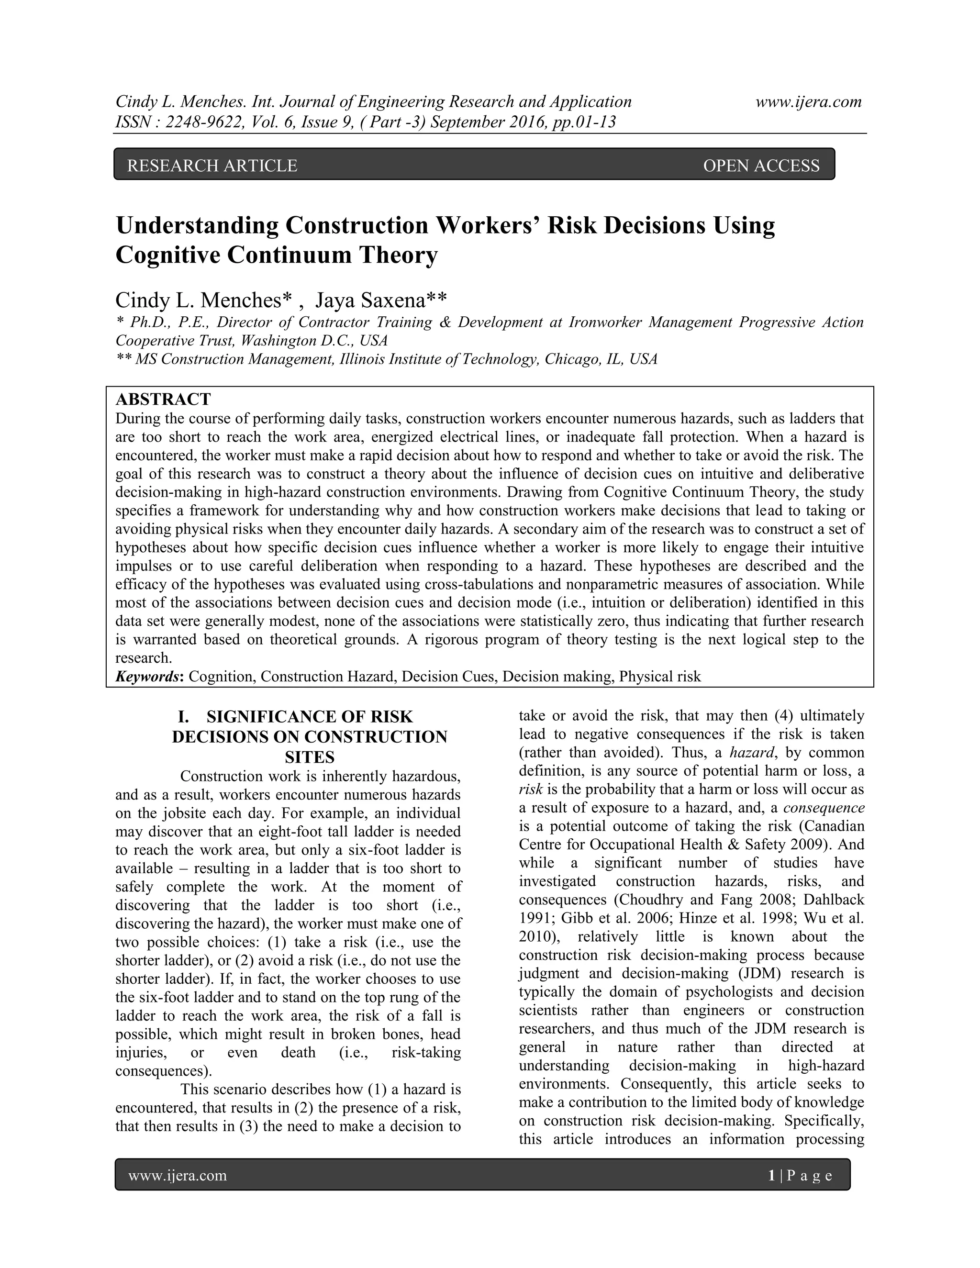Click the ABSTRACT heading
pyautogui.click(x=163, y=400)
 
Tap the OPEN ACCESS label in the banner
pyautogui.click(x=761, y=166)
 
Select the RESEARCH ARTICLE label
pyautogui.click(x=212, y=166)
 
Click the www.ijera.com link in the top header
pyautogui.click(x=808, y=102)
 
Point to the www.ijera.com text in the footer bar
pyautogui.click(x=177, y=1175)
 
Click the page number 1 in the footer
pyautogui.click(x=771, y=1175)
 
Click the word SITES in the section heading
pyautogui.click(x=310, y=757)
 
